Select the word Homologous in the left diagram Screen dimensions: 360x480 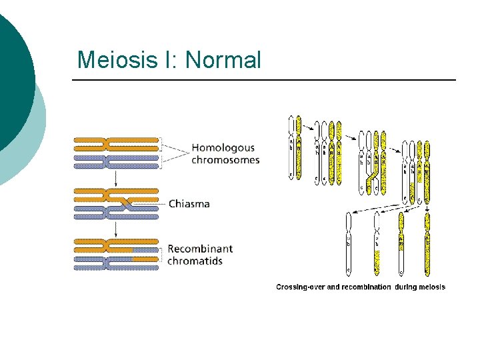223,148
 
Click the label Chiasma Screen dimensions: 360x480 189,203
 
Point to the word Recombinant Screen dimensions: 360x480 200,249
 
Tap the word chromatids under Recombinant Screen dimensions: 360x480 195,261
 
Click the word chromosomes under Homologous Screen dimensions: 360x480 225,160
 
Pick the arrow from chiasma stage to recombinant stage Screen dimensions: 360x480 116,228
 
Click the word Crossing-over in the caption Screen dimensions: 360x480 301,287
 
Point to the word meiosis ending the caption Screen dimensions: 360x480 431,287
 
